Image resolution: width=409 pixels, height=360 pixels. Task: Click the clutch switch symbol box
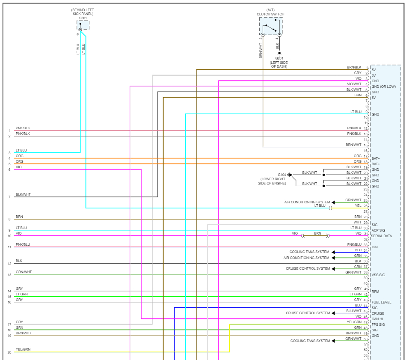pos(270,27)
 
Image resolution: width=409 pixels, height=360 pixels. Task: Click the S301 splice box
pos(83,25)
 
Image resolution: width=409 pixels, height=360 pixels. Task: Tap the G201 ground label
pos(279,58)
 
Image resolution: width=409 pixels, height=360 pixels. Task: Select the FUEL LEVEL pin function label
pos(381,302)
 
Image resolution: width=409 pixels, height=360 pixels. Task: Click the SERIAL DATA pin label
pos(381,236)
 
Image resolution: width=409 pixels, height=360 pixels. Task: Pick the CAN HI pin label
pos(378,319)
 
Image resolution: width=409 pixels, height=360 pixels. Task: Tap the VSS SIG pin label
pos(378,275)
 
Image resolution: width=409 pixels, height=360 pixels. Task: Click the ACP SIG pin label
pos(379,230)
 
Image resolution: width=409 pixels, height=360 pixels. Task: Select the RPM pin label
pos(375,292)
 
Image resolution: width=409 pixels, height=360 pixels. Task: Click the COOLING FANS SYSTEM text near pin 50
pos(310,341)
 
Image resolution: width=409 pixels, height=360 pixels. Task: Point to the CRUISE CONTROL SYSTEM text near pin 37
pos(308,268)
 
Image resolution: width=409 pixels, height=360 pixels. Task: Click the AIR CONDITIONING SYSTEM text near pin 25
pos(307,202)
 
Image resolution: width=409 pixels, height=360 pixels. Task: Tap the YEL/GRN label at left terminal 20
pos(23,350)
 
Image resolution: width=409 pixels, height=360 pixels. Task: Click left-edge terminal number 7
pos(9,197)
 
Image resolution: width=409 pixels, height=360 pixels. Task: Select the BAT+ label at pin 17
pos(376,158)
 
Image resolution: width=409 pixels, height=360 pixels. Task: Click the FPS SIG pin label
pos(378,324)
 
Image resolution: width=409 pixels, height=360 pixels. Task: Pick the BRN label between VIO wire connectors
pos(317,233)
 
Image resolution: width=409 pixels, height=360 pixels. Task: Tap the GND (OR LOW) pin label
pos(383,86)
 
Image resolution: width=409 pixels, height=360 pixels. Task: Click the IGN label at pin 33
pos(374,247)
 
